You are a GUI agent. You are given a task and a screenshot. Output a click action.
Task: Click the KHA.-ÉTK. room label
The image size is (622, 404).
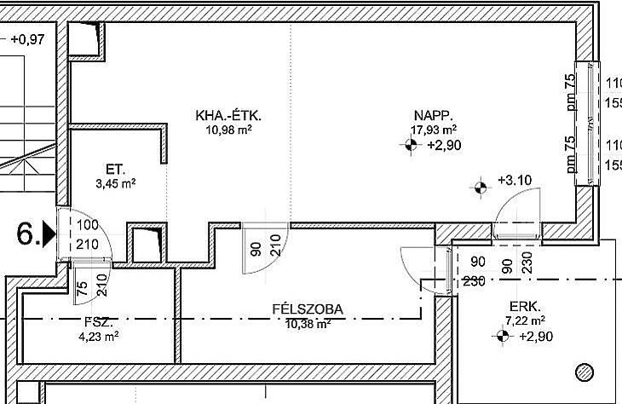tap(228, 116)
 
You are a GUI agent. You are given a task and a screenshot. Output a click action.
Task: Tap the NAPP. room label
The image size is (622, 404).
tap(433, 115)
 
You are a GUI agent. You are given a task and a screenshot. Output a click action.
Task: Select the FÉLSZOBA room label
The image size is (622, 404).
tap(308, 309)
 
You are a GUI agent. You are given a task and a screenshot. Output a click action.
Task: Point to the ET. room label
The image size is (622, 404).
tap(115, 170)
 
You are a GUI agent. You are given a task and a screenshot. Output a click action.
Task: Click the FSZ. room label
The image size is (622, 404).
tap(99, 322)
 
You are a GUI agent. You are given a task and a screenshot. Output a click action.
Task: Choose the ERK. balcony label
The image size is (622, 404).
tap(525, 307)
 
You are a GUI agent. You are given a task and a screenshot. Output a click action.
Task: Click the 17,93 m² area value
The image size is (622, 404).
tap(433, 130)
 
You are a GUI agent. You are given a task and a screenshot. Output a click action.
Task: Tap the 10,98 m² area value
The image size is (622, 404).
tap(228, 130)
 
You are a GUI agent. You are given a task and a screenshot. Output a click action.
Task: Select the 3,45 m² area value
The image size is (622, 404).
tap(115, 184)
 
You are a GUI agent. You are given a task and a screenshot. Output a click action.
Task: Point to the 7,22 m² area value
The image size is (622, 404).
tap(525, 320)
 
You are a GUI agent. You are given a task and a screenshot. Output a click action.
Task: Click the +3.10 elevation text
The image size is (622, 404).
tap(515, 180)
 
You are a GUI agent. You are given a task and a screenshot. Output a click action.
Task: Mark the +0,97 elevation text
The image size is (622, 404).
tap(28, 39)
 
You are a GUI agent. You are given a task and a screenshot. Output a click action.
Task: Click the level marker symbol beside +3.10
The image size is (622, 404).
tap(481, 188)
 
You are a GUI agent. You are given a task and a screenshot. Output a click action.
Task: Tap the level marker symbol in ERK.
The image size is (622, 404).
tap(502, 336)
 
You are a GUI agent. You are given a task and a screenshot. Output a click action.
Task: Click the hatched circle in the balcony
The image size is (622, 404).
tap(585, 372)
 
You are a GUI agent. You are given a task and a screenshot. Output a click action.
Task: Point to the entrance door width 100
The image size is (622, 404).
tap(88, 225)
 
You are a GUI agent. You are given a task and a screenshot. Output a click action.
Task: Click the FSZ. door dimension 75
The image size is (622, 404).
tap(82, 289)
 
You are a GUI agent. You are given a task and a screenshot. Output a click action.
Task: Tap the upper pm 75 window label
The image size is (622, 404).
tap(570, 92)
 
